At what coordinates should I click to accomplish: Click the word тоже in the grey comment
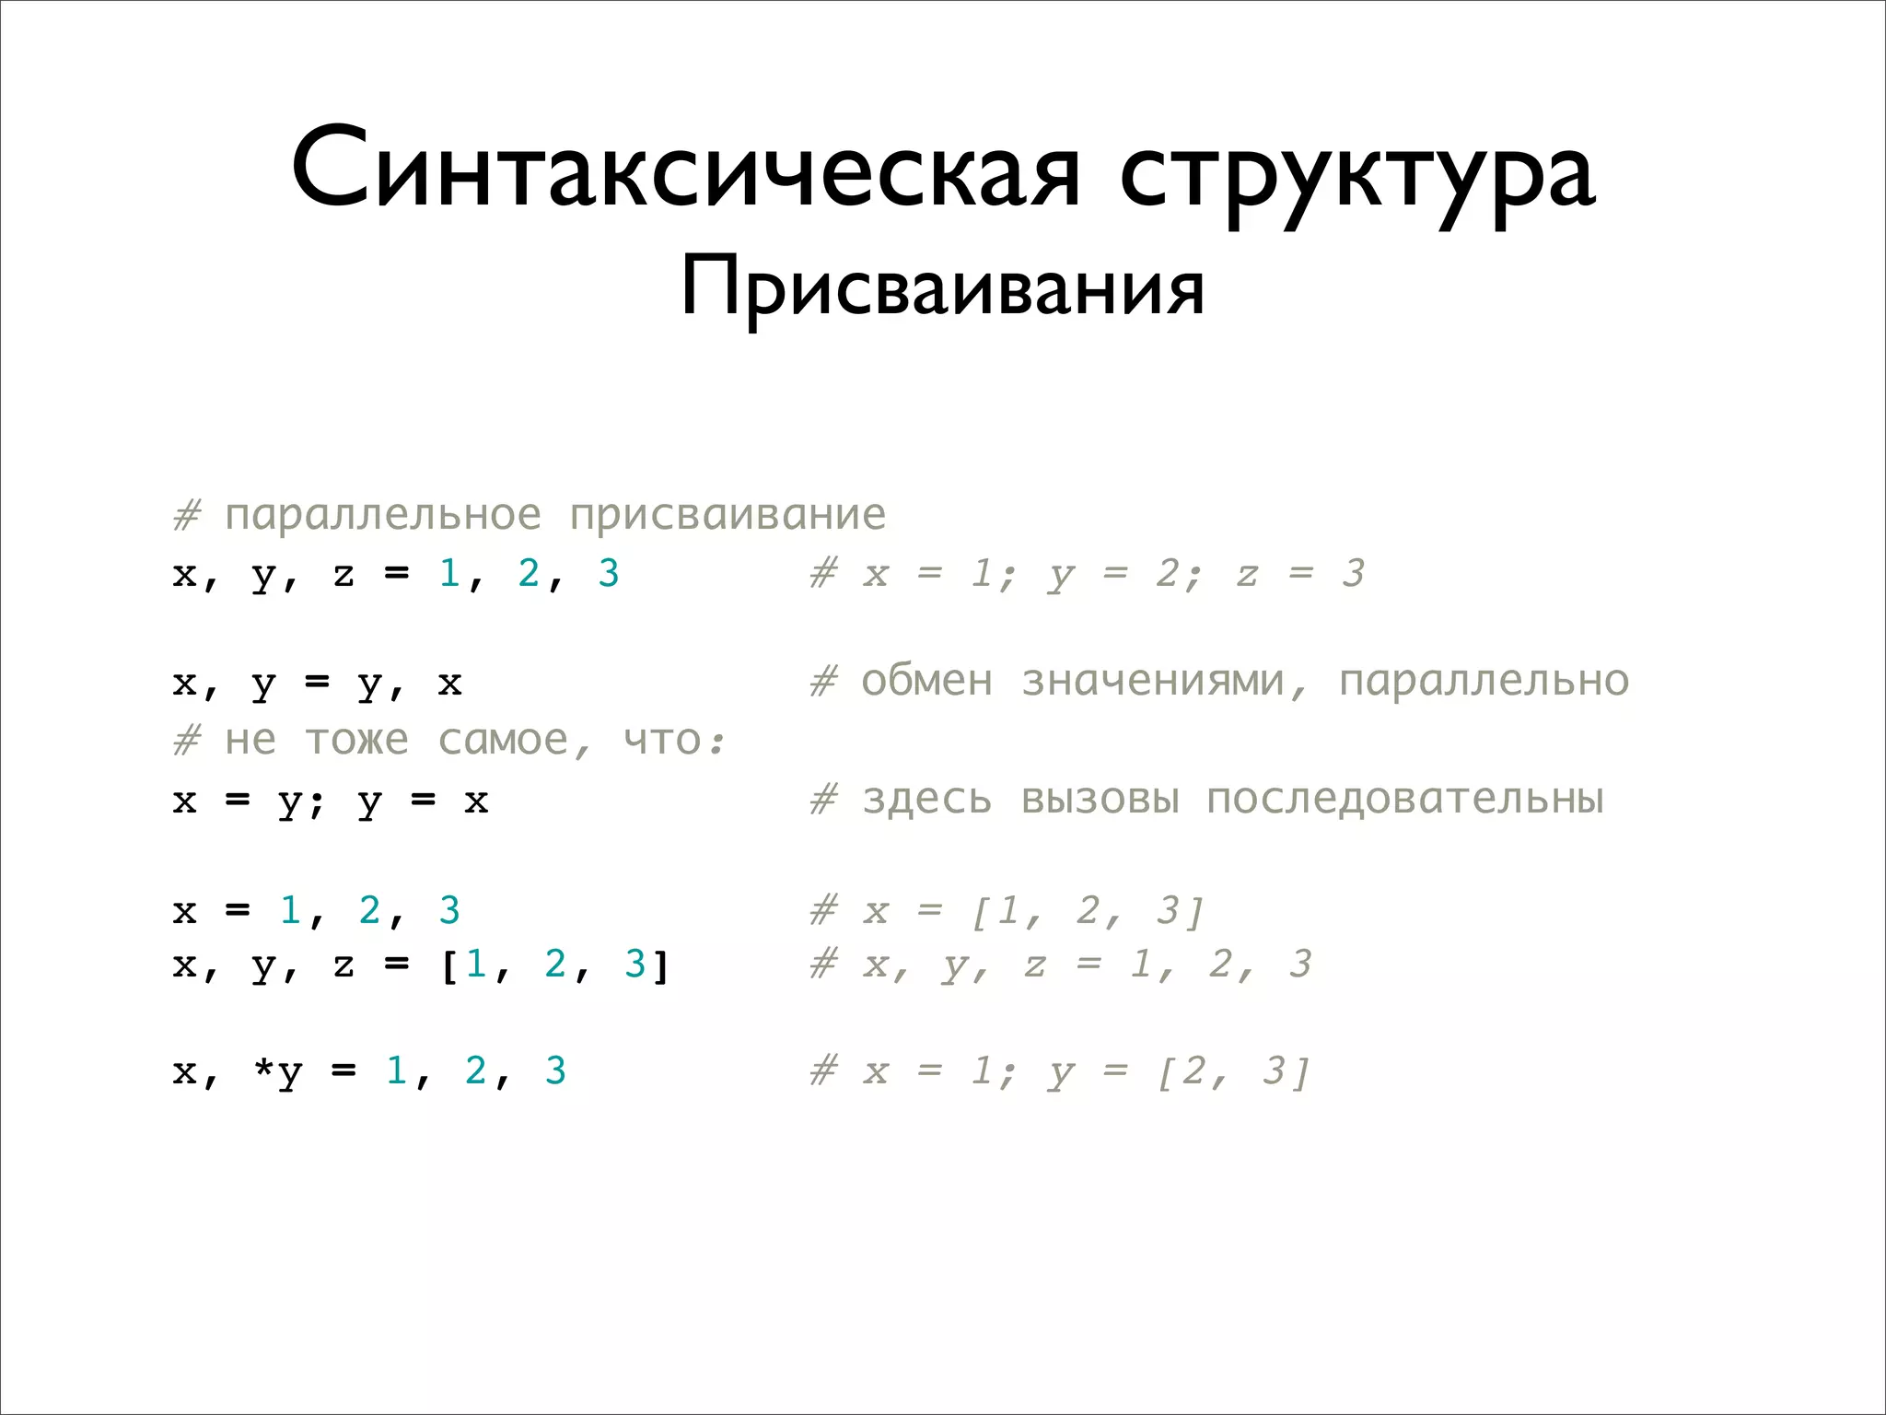tap(356, 741)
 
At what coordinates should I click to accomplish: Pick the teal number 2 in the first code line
tap(529, 573)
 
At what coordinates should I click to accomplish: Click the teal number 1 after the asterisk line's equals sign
tap(396, 1070)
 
